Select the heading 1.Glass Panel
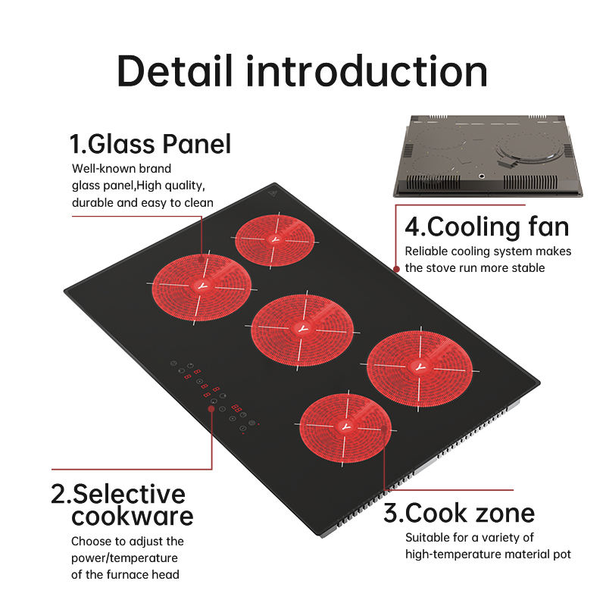tap(150, 143)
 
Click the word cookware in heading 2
tap(133, 517)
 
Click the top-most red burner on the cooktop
tap(274, 239)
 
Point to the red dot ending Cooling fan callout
tap(396, 268)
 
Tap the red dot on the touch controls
tap(211, 409)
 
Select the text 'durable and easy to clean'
tap(142, 202)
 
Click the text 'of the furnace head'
tap(125, 574)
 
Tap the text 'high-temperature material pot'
tap(488, 554)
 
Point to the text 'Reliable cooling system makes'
tap(488, 251)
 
